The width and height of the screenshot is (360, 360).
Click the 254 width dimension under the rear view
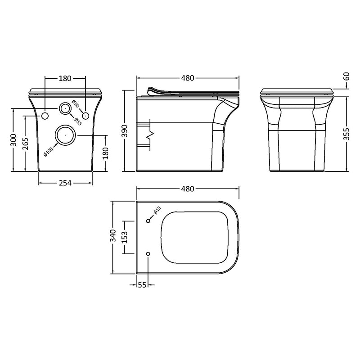point(65,182)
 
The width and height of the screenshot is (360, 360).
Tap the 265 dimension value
point(26,144)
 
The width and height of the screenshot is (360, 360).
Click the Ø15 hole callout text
point(157,210)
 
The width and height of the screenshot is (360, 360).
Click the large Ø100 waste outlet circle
point(65,134)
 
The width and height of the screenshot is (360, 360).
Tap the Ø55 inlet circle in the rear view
point(65,108)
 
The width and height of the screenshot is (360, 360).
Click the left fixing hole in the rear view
point(45,117)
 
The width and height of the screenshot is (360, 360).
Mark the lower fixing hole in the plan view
point(148,254)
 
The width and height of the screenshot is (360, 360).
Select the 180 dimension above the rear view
point(65,78)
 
